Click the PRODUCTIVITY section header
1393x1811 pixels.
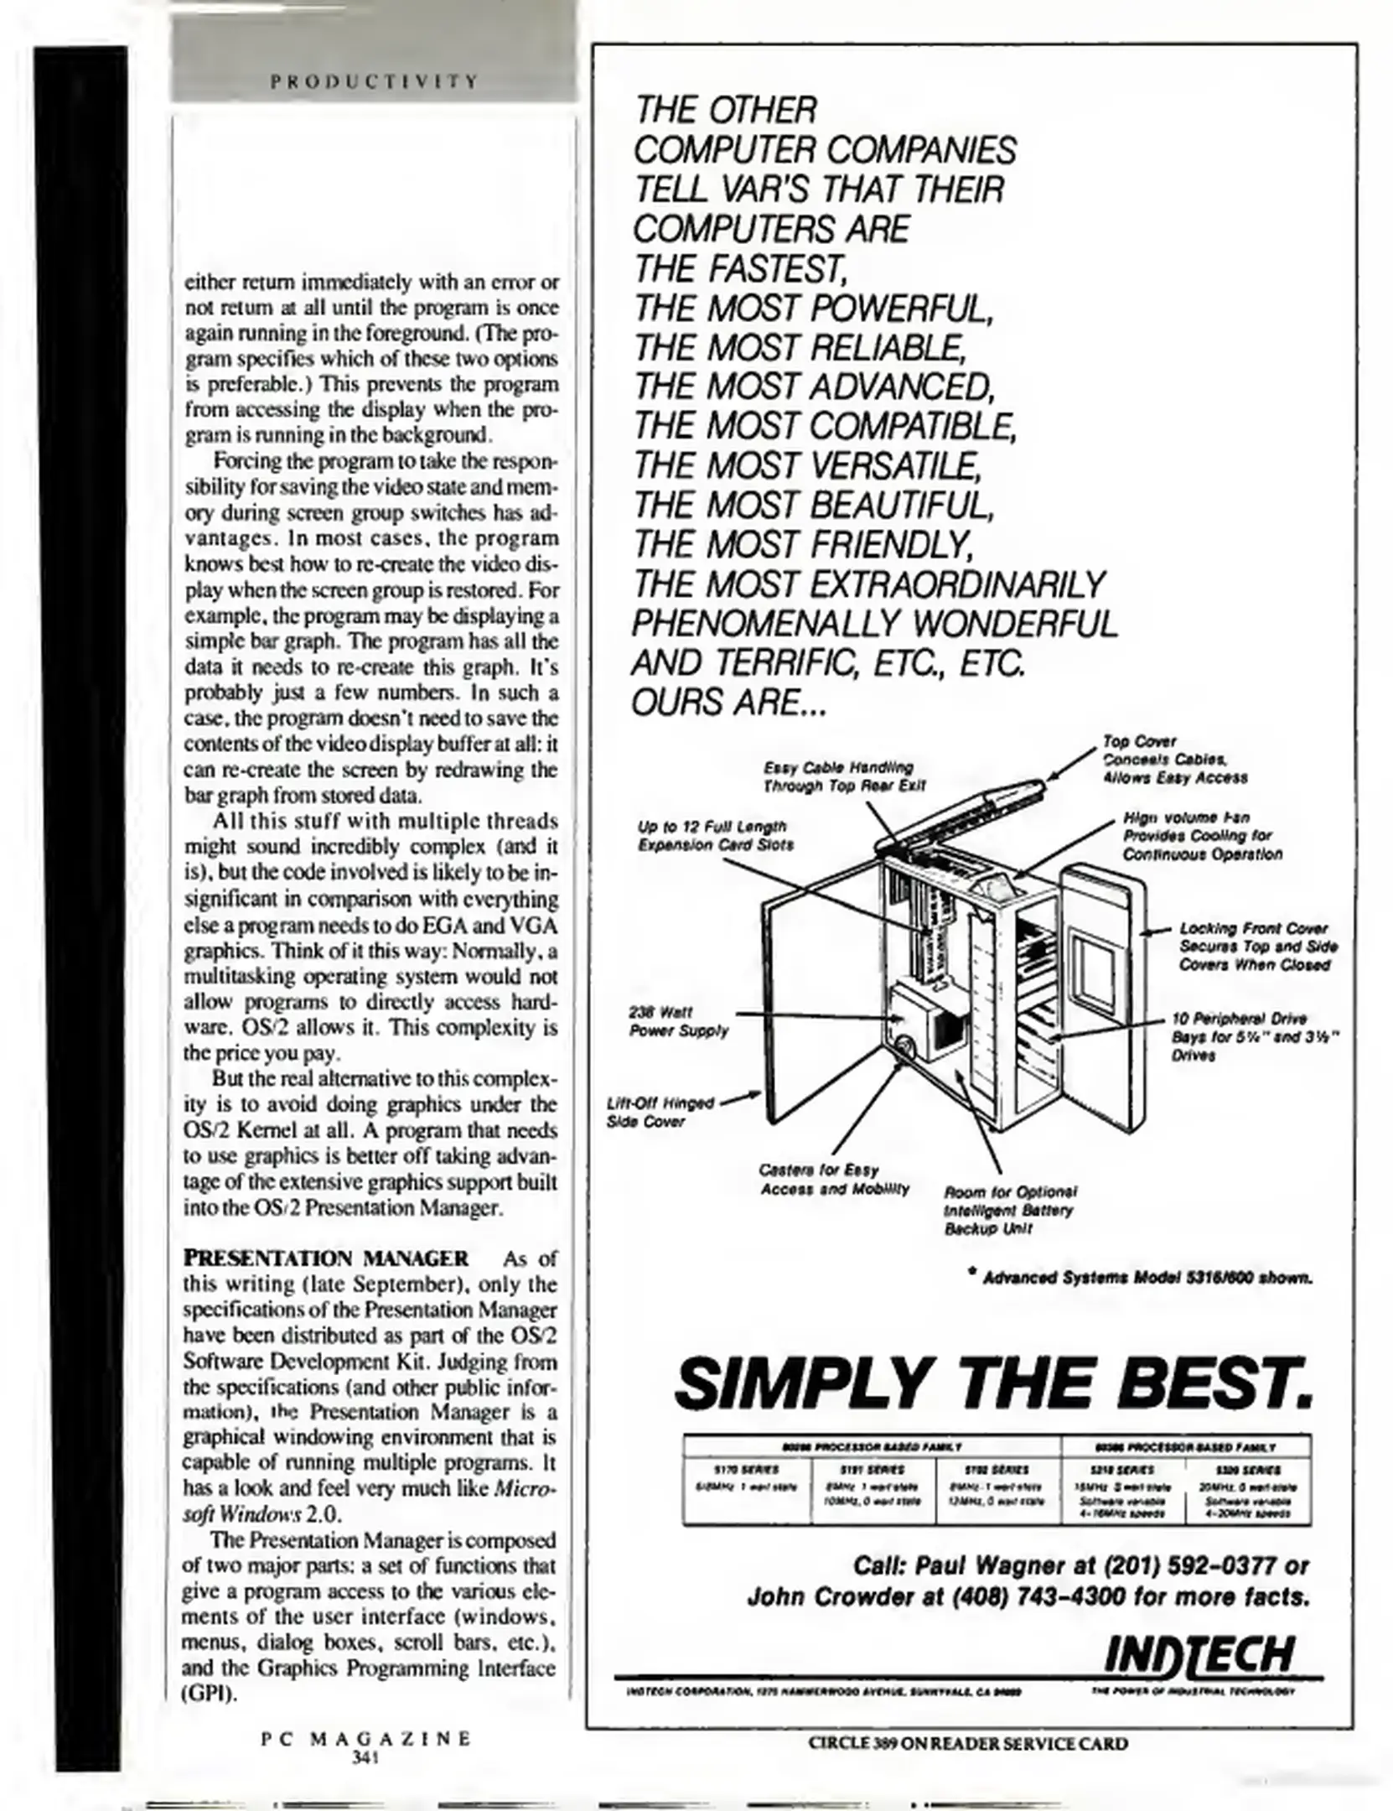point(374,81)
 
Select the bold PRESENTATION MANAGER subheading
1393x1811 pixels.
point(326,1258)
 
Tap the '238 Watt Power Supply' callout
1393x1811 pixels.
point(678,1021)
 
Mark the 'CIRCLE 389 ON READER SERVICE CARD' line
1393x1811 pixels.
point(967,1743)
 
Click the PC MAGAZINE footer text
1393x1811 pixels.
point(366,1738)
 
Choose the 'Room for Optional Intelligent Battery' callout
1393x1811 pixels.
point(1009,1210)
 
